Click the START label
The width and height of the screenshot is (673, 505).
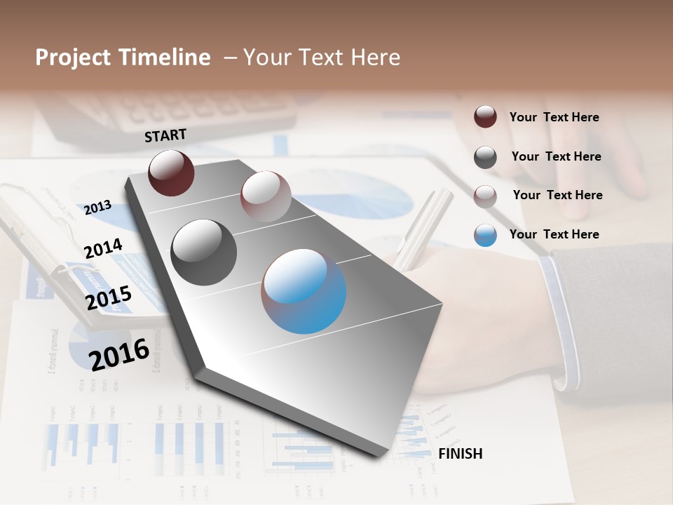[x=165, y=135]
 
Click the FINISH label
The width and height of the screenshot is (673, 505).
[x=460, y=454]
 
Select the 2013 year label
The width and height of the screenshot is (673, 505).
[x=97, y=207]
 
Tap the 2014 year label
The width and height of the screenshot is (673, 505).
[x=103, y=248]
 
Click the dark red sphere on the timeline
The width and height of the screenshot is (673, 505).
[x=171, y=173]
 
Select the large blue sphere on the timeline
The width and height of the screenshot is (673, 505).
[x=304, y=290]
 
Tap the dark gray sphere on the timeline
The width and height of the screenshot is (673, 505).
[x=203, y=252]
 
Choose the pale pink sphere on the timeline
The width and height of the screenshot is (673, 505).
[x=266, y=196]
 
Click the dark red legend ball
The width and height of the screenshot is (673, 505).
[x=485, y=117]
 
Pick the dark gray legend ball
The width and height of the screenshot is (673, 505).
[x=485, y=157]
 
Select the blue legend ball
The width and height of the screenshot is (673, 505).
[x=485, y=235]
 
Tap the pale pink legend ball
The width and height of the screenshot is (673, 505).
[x=485, y=196]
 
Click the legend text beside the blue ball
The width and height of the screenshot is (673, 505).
[x=554, y=234]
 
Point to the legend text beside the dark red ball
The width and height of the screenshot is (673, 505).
[x=554, y=117]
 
